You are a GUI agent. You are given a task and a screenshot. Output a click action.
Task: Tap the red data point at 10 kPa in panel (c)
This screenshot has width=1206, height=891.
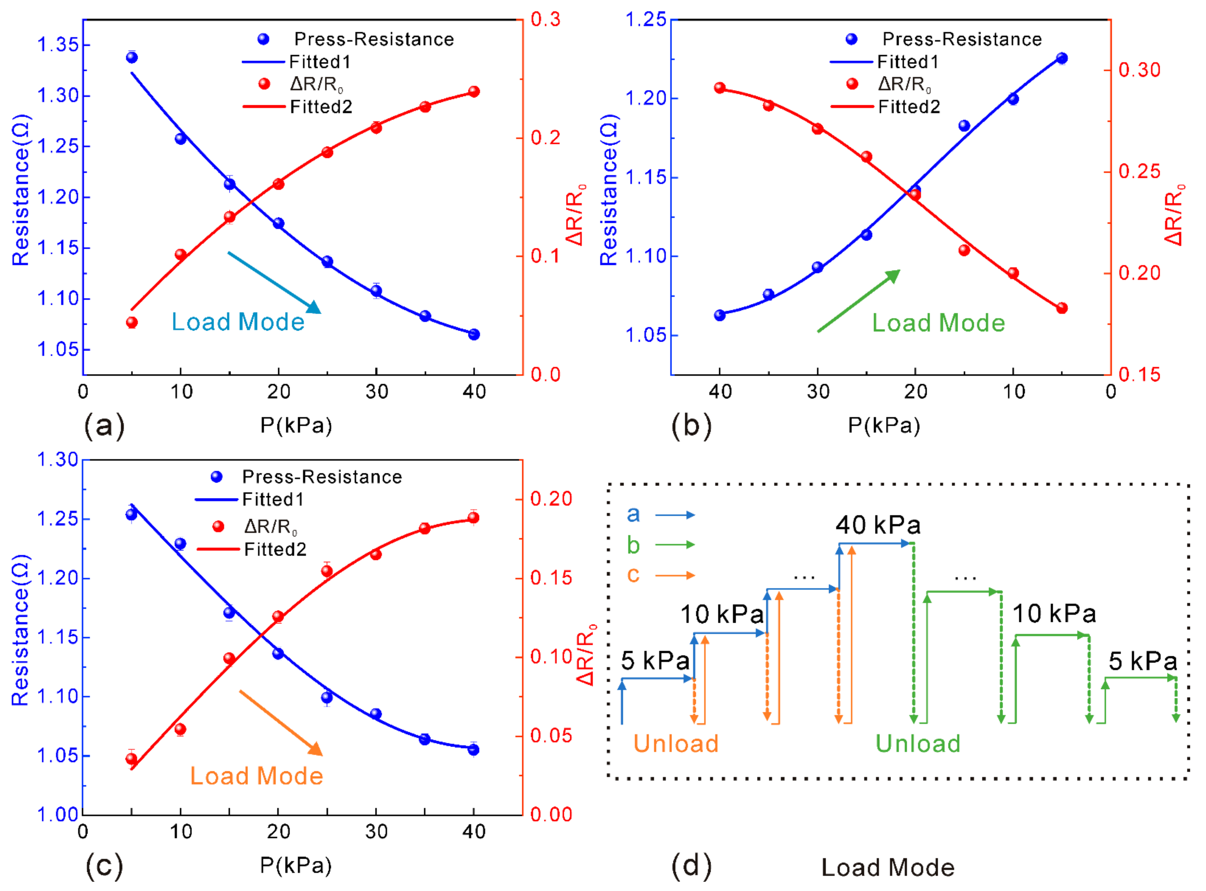181,729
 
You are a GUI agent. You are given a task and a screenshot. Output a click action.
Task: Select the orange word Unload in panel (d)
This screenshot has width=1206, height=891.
676,743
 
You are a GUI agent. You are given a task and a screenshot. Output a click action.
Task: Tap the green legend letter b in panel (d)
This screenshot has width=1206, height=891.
633,545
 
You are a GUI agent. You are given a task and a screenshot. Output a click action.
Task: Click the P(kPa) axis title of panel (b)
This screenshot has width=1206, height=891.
884,426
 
